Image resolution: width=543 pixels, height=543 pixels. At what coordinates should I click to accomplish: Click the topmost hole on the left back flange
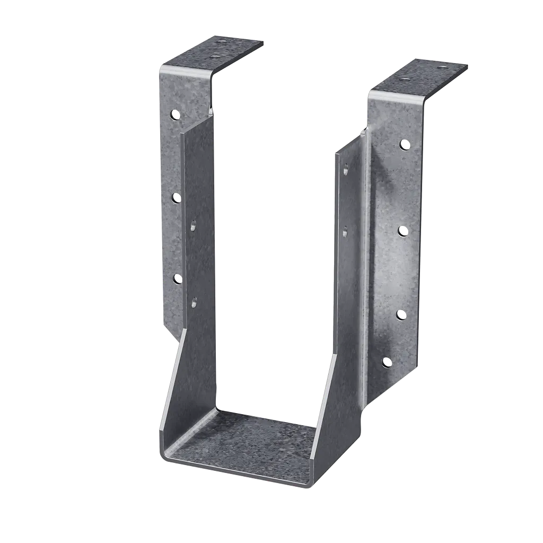(x=174, y=114)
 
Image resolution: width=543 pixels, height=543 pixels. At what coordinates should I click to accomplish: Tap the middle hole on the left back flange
(x=176, y=198)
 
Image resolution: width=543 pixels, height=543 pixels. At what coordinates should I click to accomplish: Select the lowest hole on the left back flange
(x=178, y=278)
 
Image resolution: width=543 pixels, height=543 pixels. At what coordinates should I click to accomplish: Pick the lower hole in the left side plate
(x=194, y=303)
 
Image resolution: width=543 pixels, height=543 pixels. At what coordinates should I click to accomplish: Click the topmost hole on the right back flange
(x=405, y=144)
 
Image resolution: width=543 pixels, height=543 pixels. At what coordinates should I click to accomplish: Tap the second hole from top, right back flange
(x=403, y=231)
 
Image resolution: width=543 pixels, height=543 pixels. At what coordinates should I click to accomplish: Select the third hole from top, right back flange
(x=401, y=314)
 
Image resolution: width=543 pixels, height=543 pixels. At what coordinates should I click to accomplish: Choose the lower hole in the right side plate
(x=345, y=231)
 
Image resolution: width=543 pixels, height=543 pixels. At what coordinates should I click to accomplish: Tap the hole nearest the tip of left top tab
(x=222, y=41)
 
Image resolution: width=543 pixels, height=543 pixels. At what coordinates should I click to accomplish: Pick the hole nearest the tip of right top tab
(x=441, y=67)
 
